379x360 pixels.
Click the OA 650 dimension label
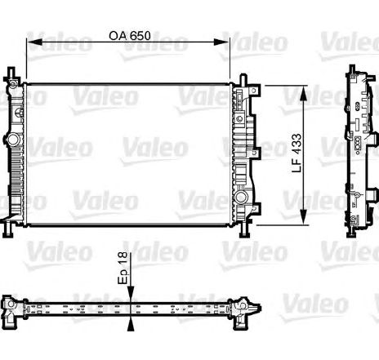coord(130,36)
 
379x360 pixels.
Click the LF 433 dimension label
coord(297,153)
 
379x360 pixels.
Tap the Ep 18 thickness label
coord(123,268)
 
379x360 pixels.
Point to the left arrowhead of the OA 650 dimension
coord(34,42)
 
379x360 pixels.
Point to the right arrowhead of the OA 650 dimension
coord(221,42)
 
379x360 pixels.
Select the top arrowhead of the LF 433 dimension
coord(304,93)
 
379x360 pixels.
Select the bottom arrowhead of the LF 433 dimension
coord(304,217)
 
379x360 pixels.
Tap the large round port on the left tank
coord(12,140)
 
